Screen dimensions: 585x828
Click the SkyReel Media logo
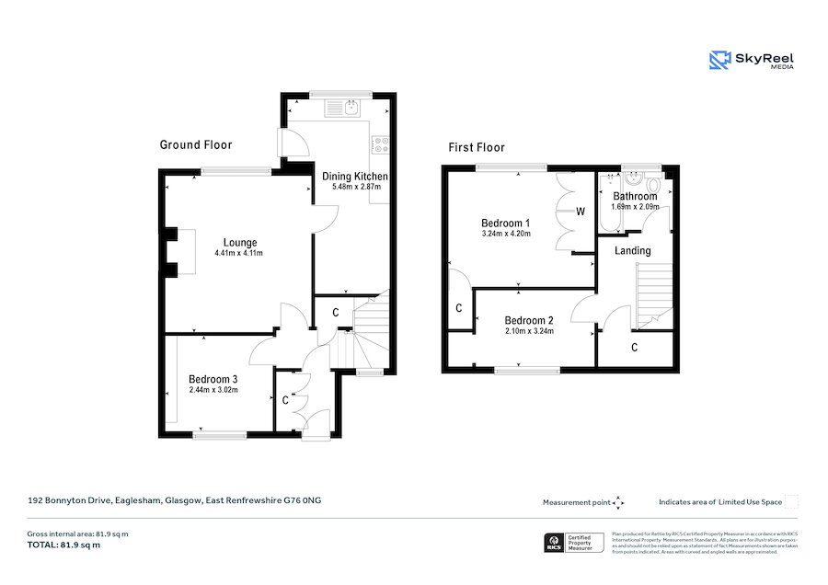[x=752, y=61]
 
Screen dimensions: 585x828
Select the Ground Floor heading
[x=196, y=145]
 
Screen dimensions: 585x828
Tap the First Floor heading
[x=477, y=147]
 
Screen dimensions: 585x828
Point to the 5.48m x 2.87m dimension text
[x=356, y=187]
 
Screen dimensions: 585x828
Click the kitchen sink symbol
[x=351, y=109]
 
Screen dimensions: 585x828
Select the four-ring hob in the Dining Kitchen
[x=380, y=143]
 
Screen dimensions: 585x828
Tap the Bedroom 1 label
[x=506, y=224]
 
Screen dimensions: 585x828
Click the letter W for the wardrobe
[x=581, y=212]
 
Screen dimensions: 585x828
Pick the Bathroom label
[x=635, y=197]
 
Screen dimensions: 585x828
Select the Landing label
[x=632, y=250]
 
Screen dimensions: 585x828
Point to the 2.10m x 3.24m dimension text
[x=529, y=331]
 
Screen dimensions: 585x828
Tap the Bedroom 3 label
[x=213, y=379]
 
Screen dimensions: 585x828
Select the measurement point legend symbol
[x=619, y=502]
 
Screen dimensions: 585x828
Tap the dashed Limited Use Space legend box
[x=791, y=502]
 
